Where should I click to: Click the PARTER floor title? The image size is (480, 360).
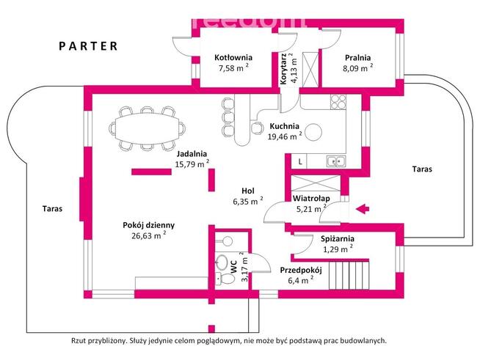point(88,45)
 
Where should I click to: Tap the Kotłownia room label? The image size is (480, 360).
point(233,57)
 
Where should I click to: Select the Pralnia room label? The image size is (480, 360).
point(357,57)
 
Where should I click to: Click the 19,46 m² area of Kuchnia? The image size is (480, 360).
point(285,136)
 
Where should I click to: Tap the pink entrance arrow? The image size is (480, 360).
point(361,210)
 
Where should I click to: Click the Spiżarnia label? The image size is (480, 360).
point(338,238)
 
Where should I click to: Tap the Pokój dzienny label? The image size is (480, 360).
point(148,225)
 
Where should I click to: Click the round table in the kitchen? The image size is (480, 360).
point(314,133)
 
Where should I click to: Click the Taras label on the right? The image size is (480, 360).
point(422,169)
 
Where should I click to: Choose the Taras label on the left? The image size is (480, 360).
point(52,208)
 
